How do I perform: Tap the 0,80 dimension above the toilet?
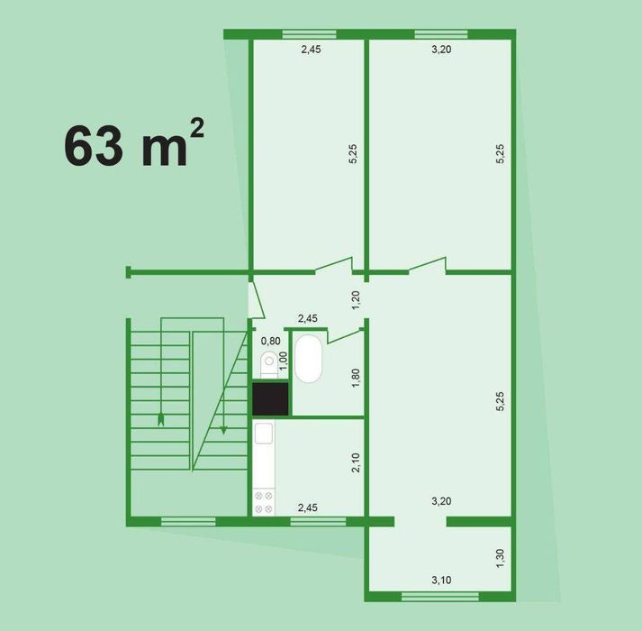(270, 341)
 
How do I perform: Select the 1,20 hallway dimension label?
(356, 301)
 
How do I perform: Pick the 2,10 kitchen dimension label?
(356, 463)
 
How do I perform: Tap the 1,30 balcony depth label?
(501, 559)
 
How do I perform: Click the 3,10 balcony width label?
(440, 580)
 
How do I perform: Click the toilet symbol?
(268, 364)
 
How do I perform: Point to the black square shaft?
(270, 398)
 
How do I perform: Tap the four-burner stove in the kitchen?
(264, 502)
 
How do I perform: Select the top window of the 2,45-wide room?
(309, 35)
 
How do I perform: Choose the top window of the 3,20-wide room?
(441, 35)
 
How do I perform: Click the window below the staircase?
(188, 521)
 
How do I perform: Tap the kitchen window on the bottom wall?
(318, 521)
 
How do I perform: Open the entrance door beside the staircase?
(256, 298)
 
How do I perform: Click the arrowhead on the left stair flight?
(161, 419)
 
